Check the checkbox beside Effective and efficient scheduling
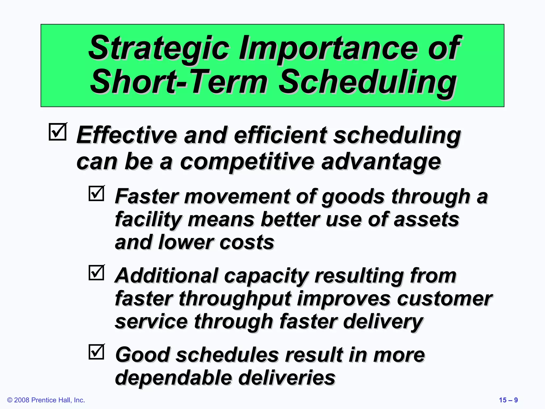tap(57, 132)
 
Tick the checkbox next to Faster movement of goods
tap(96, 193)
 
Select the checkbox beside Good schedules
tap(96, 352)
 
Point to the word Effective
tap(127, 135)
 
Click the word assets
tap(426, 220)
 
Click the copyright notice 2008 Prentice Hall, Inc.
tap(46, 400)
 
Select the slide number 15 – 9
tap(508, 400)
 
